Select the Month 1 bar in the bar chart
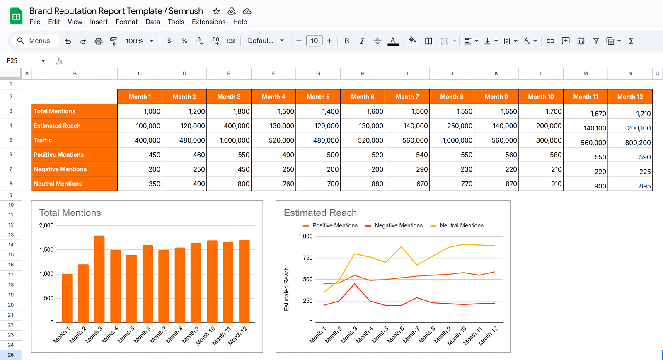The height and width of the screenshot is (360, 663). pyautogui.click(x=67, y=298)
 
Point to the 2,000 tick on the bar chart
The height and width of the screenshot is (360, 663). pyautogui.click(x=46, y=225)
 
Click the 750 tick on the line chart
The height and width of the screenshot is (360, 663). pyautogui.click(x=307, y=258)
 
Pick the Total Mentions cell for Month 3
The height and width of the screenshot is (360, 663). pyautogui.click(x=229, y=111)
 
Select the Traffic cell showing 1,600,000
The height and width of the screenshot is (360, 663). pyautogui.click(x=229, y=140)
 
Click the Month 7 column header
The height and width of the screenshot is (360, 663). pyautogui.click(x=407, y=97)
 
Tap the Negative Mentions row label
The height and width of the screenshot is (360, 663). pyautogui.click(x=60, y=169)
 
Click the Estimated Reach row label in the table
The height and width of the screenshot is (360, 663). pyautogui.click(x=57, y=126)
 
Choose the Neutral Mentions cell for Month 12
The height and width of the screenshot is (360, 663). pyautogui.click(x=630, y=185)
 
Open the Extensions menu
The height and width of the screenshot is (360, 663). pyautogui.click(x=208, y=22)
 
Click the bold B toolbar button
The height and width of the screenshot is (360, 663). pyautogui.click(x=347, y=41)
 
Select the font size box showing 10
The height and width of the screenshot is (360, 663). pyautogui.click(x=314, y=41)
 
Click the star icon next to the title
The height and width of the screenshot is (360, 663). pyautogui.click(x=216, y=11)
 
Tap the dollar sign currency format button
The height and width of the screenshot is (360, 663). pyautogui.click(x=169, y=41)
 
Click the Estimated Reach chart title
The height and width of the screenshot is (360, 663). pyautogui.click(x=320, y=213)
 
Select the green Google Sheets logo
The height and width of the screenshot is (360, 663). pyautogui.click(x=16, y=16)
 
